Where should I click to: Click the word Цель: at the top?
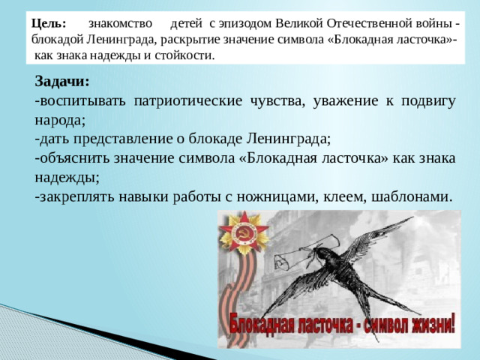tap(49, 24)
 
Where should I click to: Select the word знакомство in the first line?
tap(119, 24)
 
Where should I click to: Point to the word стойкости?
tap(184, 55)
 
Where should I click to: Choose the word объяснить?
tap(76, 159)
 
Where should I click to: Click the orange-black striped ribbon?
tap(250, 300)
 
